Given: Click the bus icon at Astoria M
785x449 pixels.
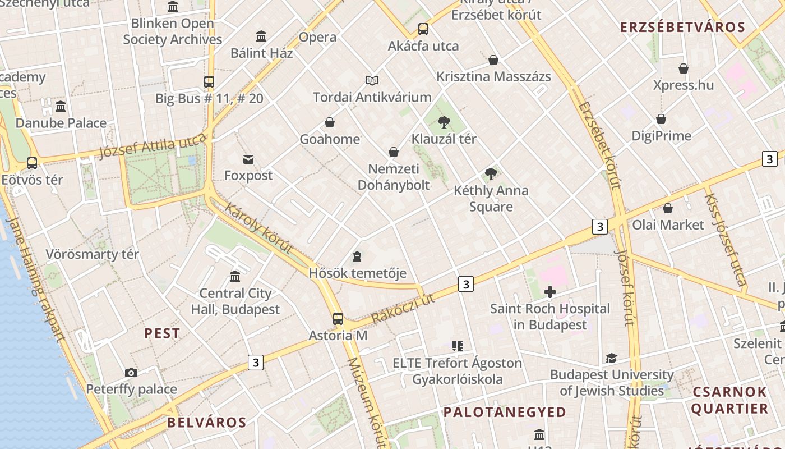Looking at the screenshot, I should [338, 318].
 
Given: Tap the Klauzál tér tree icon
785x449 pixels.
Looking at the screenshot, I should [444, 121].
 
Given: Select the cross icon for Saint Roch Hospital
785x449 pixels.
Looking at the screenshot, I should [550, 291].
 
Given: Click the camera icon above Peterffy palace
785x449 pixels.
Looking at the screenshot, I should [131, 373].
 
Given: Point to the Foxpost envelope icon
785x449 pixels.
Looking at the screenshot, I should [248, 159].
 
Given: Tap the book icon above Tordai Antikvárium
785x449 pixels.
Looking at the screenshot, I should [372, 80].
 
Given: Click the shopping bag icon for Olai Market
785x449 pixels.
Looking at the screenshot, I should [668, 208].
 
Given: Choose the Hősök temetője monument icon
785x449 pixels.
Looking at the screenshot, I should [357, 257].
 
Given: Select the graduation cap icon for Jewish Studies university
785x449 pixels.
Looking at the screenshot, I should [611, 358].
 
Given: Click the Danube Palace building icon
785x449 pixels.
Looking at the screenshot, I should [61, 106].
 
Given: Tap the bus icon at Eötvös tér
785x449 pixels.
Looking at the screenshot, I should [32, 163].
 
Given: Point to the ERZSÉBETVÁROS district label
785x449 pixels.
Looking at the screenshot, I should [682, 27].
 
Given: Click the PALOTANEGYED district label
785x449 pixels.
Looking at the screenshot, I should [505, 412].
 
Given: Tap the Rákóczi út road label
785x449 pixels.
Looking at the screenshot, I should [403, 308].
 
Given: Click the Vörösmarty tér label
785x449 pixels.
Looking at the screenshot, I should [92, 254].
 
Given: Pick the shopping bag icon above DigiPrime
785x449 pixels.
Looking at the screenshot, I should [661, 119].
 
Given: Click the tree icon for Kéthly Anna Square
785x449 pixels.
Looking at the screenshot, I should [491, 174].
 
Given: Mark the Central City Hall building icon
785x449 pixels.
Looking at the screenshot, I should [235, 277].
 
